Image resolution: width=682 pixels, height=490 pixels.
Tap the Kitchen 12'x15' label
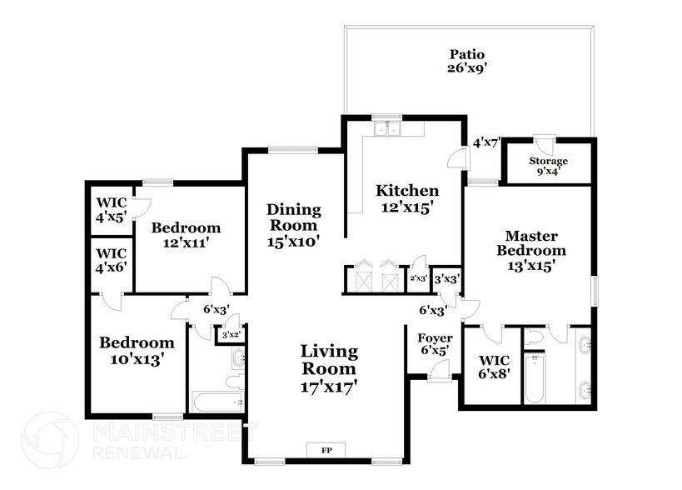pyautogui.click(x=406, y=199)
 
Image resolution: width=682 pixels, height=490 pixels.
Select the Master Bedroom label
pyautogui.click(x=530, y=250)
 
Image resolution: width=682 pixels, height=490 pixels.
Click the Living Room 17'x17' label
pyautogui.click(x=329, y=368)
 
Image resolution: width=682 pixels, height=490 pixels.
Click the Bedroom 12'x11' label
pyautogui.click(x=186, y=235)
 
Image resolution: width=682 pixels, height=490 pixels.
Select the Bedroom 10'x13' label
pyautogui.click(x=137, y=351)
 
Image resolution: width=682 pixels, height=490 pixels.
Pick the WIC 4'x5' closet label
pyautogui.click(x=111, y=210)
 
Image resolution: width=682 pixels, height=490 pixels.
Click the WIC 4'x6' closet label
pyautogui.click(x=111, y=261)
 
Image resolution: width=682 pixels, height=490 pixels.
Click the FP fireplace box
pyautogui.click(x=326, y=449)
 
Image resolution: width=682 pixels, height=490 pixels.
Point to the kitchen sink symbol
pyautogui.click(x=386, y=129)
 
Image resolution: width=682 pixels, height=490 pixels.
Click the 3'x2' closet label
pyautogui.click(x=229, y=335)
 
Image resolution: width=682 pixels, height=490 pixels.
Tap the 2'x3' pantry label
pyautogui.click(x=418, y=279)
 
